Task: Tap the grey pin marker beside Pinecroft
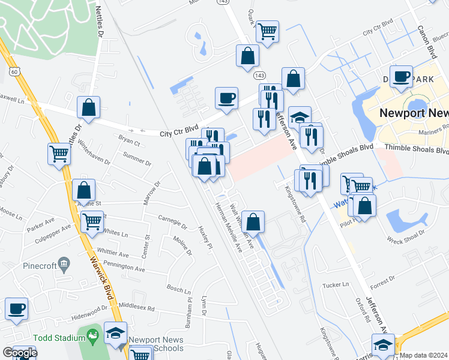64,263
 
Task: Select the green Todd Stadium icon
92,337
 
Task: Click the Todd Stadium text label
59,337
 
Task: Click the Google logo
20,352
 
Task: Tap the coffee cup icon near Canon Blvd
401,76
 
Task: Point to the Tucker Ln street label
336,285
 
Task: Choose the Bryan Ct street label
129,143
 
